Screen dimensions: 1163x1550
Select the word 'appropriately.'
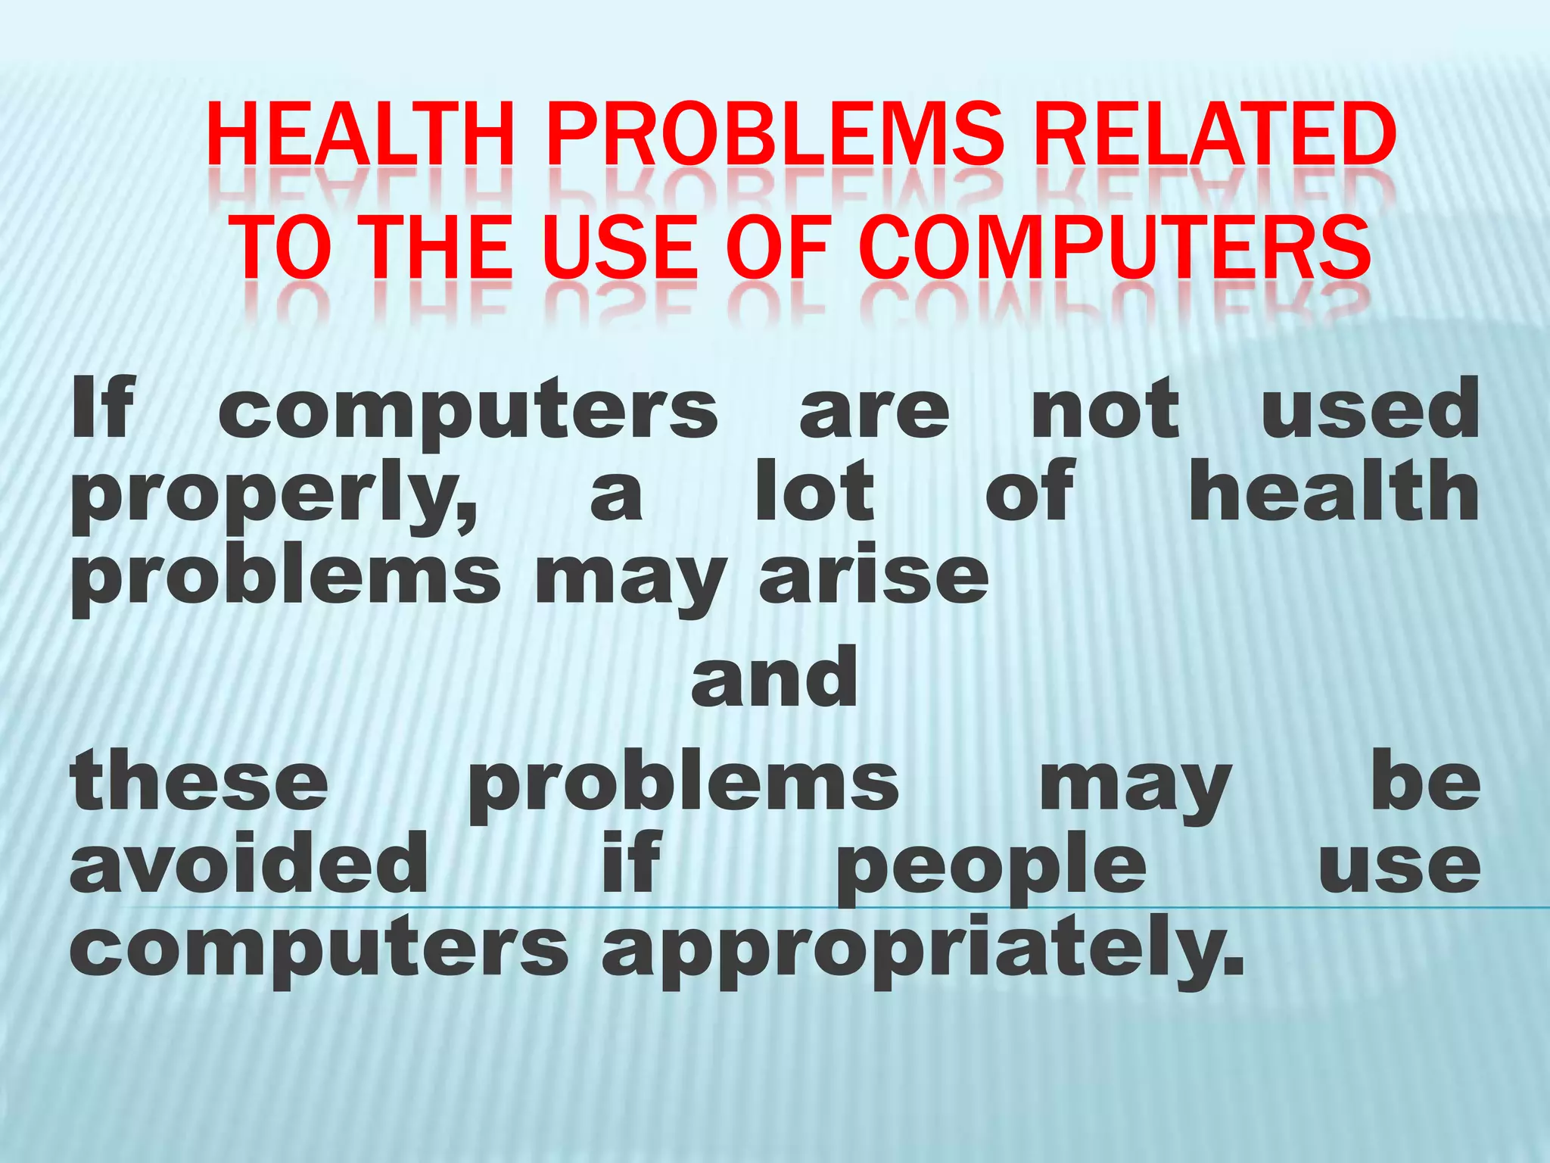923,950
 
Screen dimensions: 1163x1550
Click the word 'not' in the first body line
1106,409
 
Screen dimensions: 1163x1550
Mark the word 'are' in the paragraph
874,413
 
